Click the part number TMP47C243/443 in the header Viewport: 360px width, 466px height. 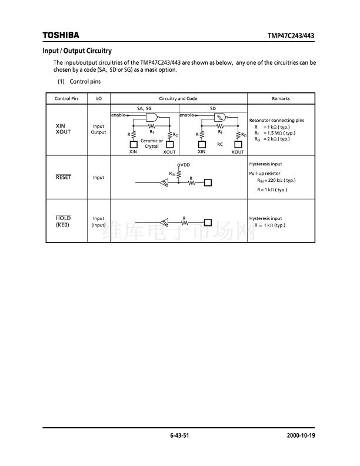click(x=291, y=36)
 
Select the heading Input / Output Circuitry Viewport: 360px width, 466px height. click(x=77, y=51)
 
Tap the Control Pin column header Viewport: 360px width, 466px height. click(x=66, y=99)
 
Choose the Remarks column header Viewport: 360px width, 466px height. click(x=281, y=99)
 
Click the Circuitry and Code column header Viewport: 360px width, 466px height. click(x=178, y=99)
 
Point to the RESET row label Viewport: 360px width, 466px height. click(x=63, y=177)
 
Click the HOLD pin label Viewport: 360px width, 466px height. click(x=63, y=218)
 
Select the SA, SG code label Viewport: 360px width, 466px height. click(x=144, y=109)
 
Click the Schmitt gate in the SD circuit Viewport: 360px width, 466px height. click(x=220, y=117)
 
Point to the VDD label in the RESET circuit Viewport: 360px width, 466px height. click(x=185, y=165)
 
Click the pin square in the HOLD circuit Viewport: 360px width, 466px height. click(x=207, y=222)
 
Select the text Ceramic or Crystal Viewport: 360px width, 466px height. click(x=152, y=144)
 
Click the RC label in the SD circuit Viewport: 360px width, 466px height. click(x=220, y=143)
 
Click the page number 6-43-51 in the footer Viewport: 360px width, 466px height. click(x=179, y=437)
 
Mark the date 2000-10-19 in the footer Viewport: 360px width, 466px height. click(x=301, y=437)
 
